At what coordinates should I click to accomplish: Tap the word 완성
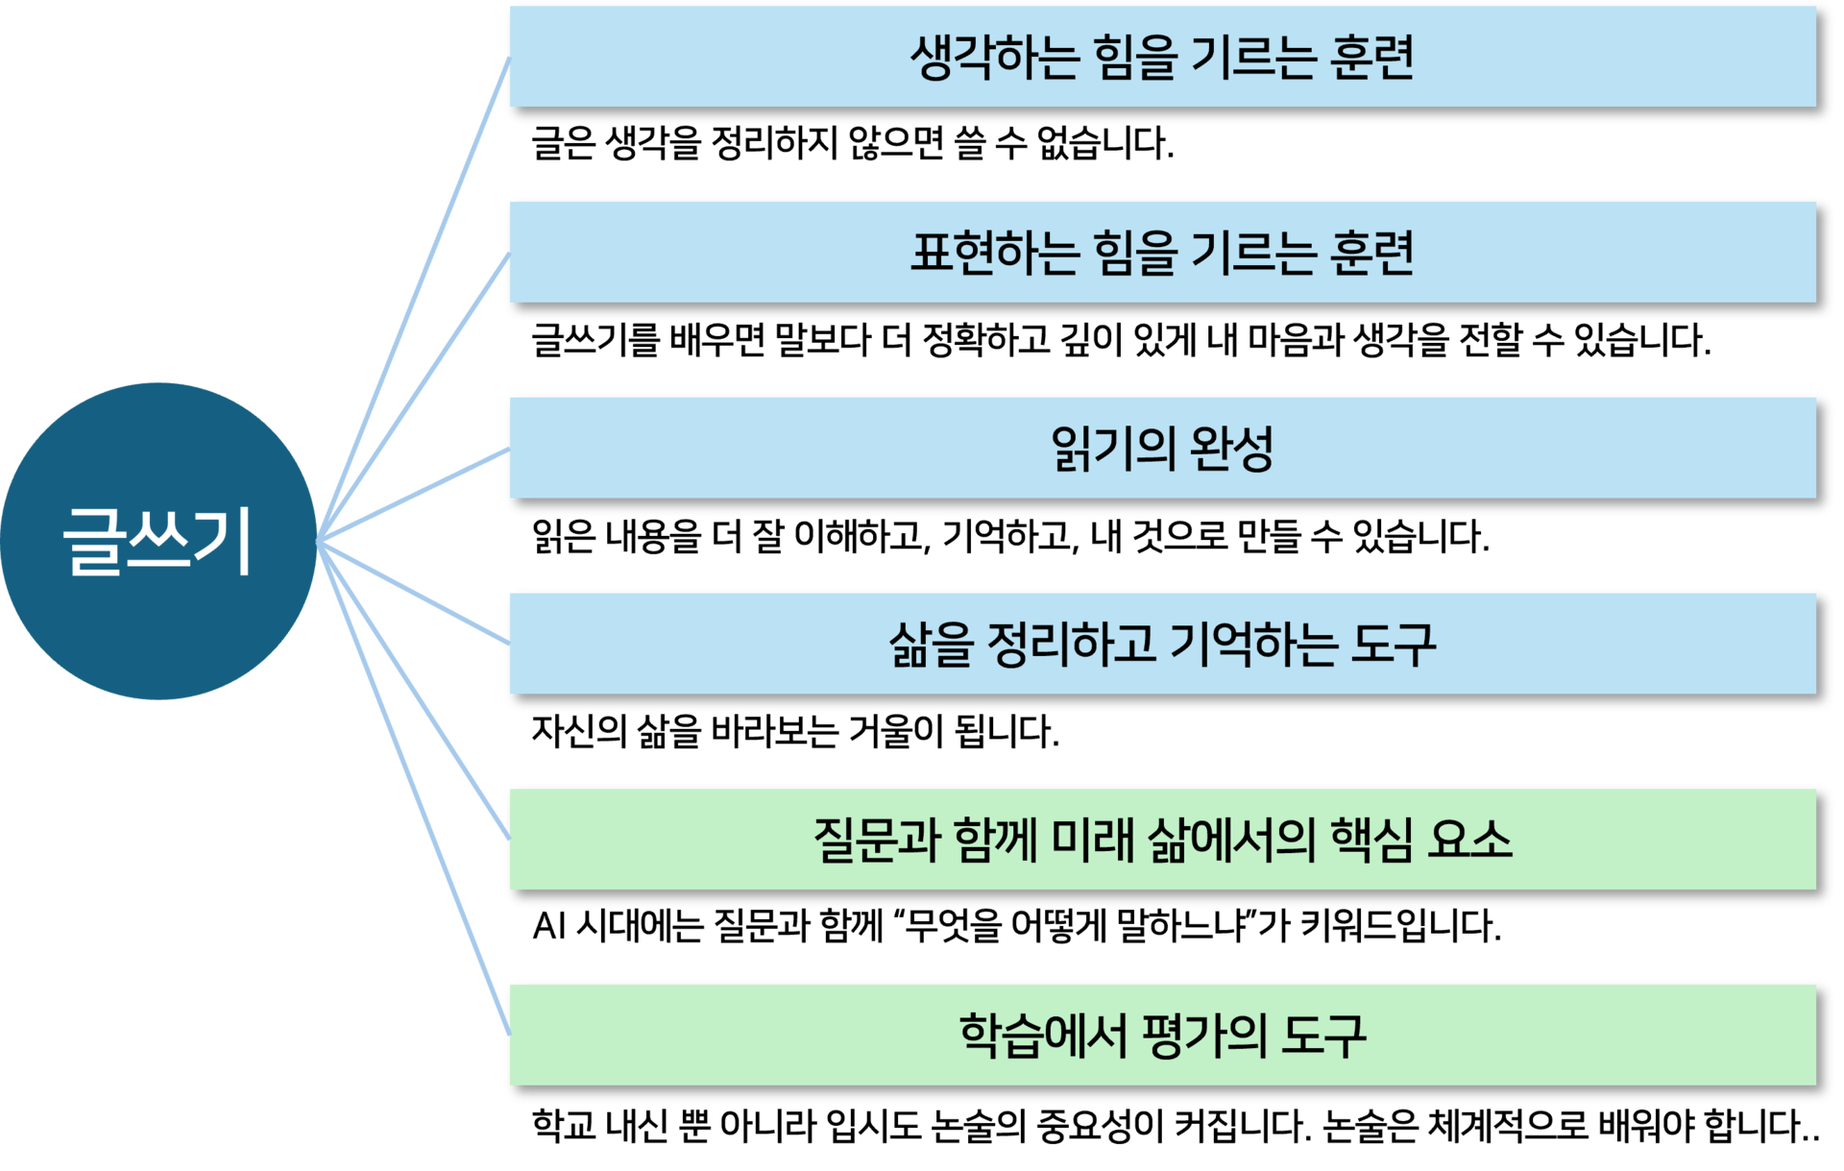click(1231, 448)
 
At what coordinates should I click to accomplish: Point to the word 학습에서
click(1042, 1036)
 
